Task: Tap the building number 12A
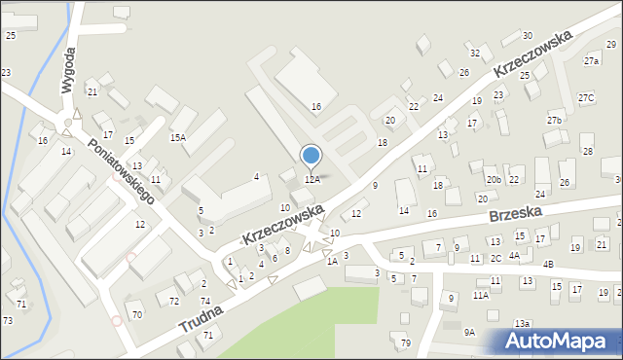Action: coord(312,180)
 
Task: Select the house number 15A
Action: coord(178,138)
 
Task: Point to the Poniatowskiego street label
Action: coord(121,170)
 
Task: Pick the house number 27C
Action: coord(585,98)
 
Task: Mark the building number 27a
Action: coord(592,61)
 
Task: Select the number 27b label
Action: coord(555,120)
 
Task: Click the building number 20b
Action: coord(495,180)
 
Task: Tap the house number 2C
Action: coord(495,258)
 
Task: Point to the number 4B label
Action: coord(548,265)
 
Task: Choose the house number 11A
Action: coord(481,295)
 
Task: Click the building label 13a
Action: coord(523,323)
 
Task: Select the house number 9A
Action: coord(469,333)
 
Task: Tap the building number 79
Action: coord(406,342)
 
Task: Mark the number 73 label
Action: coord(7,320)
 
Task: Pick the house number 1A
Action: coord(332,261)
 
